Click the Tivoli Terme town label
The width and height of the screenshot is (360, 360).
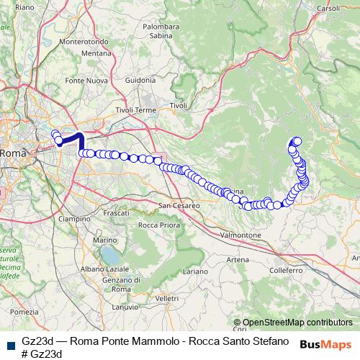click(x=136, y=110)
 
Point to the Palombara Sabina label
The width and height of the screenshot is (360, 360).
click(x=161, y=30)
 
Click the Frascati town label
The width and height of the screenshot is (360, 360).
click(x=116, y=214)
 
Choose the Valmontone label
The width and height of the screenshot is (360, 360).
click(x=240, y=235)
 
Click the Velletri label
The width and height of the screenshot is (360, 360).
click(x=166, y=297)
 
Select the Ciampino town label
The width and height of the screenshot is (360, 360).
click(x=75, y=218)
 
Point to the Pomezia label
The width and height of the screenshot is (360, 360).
click(x=24, y=312)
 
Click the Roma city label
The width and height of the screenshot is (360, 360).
click(x=13, y=153)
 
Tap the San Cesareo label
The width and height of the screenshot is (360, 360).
click(x=179, y=206)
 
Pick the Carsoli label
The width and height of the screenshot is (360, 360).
click(x=328, y=9)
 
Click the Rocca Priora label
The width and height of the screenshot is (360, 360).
click(x=158, y=225)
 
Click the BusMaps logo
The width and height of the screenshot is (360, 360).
click(x=325, y=343)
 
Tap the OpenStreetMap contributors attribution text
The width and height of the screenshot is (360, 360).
click(x=297, y=323)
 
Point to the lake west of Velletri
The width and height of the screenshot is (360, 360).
click(x=111, y=256)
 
